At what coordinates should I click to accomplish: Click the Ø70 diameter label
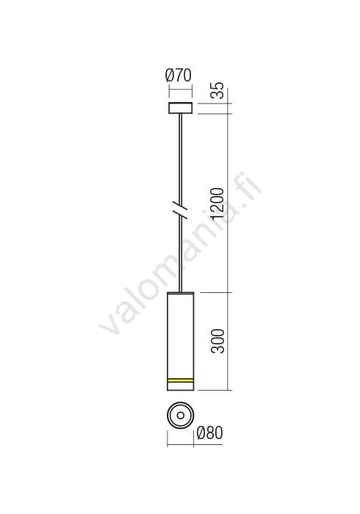point(178,76)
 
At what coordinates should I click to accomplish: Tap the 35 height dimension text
point(217,90)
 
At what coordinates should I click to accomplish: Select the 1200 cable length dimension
point(217,203)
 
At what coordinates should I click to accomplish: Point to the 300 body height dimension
point(217,341)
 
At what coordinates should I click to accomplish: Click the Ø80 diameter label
point(209,433)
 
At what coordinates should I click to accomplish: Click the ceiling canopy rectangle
point(180,108)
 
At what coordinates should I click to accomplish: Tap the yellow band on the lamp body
point(180,380)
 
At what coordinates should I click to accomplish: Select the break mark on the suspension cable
point(180,210)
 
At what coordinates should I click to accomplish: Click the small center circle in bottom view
point(180,416)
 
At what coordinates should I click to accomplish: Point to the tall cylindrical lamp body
point(180,341)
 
